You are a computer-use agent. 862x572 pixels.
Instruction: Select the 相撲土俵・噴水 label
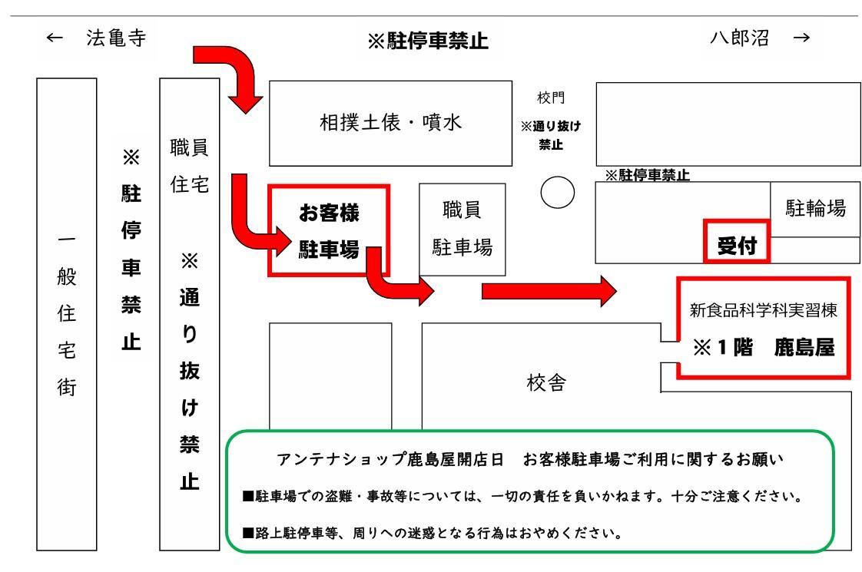[391, 123]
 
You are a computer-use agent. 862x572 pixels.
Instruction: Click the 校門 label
[552, 99]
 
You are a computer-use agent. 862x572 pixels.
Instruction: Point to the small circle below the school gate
[558, 192]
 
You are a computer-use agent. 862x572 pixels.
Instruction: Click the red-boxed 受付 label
[737, 246]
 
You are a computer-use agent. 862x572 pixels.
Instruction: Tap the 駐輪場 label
[815, 208]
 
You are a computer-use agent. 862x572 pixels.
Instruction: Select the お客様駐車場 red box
[329, 230]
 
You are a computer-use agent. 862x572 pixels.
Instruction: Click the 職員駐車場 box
[462, 229]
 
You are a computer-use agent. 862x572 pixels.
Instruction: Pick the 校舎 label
[546, 383]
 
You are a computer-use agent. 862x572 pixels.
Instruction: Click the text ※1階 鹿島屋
[763, 347]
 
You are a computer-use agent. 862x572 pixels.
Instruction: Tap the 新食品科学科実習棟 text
[762, 311]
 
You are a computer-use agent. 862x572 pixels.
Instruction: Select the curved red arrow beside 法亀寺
[230, 78]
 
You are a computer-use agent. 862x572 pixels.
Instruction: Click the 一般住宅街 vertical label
[67, 314]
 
